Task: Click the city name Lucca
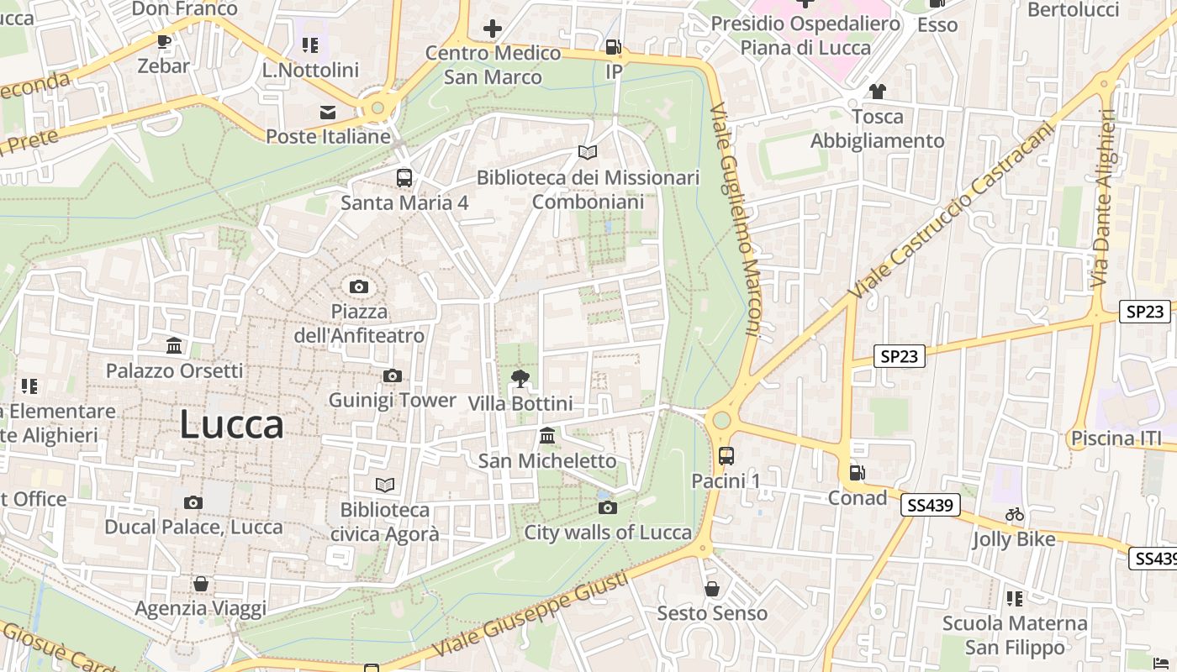[231, 425]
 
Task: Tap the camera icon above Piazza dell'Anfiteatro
[359, 287]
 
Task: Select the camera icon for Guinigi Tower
[392, 375]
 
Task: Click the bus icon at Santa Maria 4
[404, 177]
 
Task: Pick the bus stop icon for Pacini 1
[726, 456]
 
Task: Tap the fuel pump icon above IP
[614, 47]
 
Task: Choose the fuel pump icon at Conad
[857, 473]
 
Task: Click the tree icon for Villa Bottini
[520, 379]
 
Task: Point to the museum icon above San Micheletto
[547, 436]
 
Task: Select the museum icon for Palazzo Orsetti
[174, 345]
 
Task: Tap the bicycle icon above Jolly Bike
[1015, 514]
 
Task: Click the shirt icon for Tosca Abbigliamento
[877, 91]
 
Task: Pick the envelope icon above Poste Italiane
[328, 113]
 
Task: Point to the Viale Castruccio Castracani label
[950, 210]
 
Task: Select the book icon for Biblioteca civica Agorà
[384, 485]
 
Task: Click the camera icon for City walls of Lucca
[607, 507]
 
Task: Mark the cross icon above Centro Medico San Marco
[493, 29]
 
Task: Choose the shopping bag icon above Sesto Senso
[712, 589]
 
